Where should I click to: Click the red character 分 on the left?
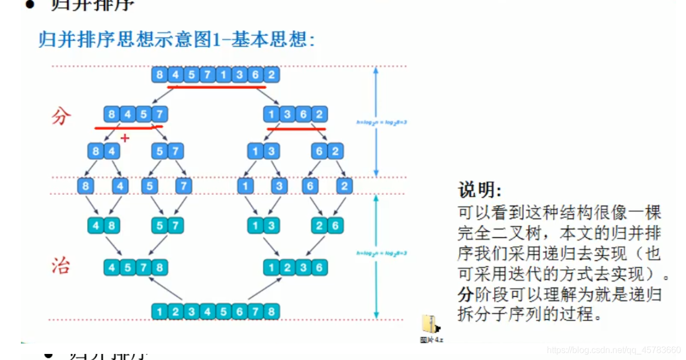61,116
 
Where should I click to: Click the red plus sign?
125,138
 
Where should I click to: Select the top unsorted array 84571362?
215,74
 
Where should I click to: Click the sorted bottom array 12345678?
215,312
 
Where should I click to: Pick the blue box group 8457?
135,115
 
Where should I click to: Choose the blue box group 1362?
295,115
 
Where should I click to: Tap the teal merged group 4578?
135,268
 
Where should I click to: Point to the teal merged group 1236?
295,268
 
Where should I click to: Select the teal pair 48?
104,225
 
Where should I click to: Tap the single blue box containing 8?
85,186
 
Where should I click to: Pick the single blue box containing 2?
344,186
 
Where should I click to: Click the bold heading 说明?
480,190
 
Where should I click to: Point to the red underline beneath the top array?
216,86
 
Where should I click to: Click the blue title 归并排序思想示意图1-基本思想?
176,40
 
